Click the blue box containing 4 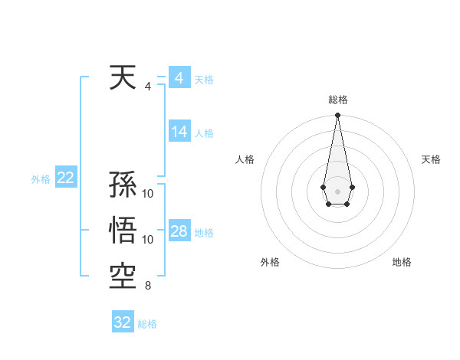click(x=179, y=78)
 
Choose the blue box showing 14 click(x=179, y=132)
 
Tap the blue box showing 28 click(x=179, y=231)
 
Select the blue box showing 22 click(x=65, y=178)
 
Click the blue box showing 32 click(x=123, y=322)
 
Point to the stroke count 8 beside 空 click(x=148, y=286)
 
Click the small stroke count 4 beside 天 click(x=148, y=87)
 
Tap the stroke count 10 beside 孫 click(x=148, y=194)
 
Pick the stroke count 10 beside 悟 click(x=148, y=240)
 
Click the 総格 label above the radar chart click(x=337, y=100)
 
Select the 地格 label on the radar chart click(x=402, y=262)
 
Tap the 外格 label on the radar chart click(x=270, y=262)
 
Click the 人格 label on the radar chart click(x=245, y=159)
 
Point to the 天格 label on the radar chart click(x=431, y=159)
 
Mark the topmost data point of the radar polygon click(x=337, y=116)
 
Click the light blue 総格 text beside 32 click(x=147, y=324)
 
